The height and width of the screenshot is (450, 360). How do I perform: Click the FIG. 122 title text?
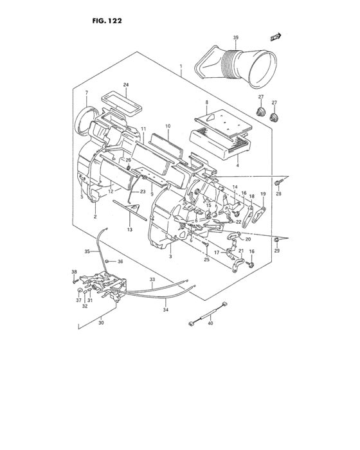coord(102,21)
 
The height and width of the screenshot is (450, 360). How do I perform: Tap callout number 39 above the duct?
coord(236,39)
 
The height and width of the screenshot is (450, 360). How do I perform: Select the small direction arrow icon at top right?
coord(277,38)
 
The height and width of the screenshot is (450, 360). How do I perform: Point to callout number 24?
coord(126,85)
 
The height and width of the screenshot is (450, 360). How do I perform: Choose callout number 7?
coord(86,93)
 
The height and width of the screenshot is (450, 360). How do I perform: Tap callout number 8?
coord(206,102)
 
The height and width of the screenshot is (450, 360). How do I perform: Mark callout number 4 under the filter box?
coord(237,165)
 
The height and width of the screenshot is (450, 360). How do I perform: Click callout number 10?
coord(167,126)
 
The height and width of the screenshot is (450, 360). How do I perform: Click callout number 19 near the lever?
coord(262,194)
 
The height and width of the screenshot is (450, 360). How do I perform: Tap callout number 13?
coord(129,230)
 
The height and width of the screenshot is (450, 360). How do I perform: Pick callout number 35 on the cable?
coord(87,251)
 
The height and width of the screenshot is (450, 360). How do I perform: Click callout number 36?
coord(120,262)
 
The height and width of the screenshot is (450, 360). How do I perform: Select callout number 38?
coord(74,272)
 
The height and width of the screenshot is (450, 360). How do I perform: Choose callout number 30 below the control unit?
coord(100,323)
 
